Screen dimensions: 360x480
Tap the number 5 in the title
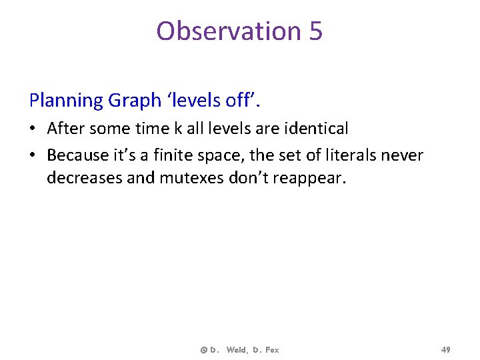coord(315,31)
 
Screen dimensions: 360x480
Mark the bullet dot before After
coord(35,128)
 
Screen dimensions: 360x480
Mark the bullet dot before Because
coord(35,155)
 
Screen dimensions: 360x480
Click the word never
coord(402,155)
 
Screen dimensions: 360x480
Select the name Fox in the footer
coord(271,350)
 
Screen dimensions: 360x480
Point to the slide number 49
coord(445,350)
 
